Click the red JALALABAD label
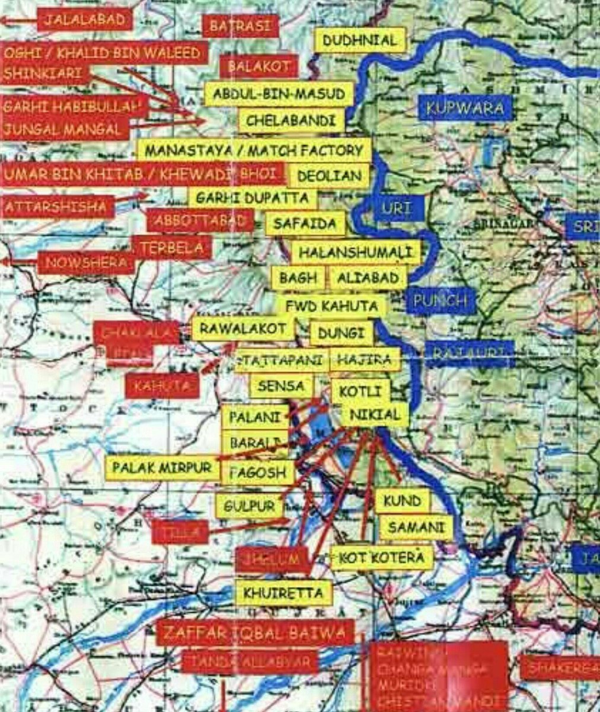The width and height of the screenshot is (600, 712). tap(85, 20)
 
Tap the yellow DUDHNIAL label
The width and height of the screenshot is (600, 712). tap(359, 41)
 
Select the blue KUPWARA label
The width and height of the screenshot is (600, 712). tap(465, 109)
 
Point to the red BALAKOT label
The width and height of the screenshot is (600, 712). tap(259, 66)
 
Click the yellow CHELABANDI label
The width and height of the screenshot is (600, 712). tap(291, 121)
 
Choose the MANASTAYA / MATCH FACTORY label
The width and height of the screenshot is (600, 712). tap(254, 151)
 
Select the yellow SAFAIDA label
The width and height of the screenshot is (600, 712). tap(305, 224)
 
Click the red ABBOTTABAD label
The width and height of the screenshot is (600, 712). tap(200, 221)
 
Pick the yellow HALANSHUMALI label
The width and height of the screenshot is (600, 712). tap(355, 252)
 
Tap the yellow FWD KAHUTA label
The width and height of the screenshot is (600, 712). tap(331, 306)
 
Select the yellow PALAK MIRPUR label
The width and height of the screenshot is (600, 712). tap(162, 468)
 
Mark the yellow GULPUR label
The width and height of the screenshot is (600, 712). tap(250, 506)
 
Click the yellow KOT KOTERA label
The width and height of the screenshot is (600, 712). tap(382, 558)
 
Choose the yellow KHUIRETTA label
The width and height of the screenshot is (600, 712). tap(283, 593)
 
